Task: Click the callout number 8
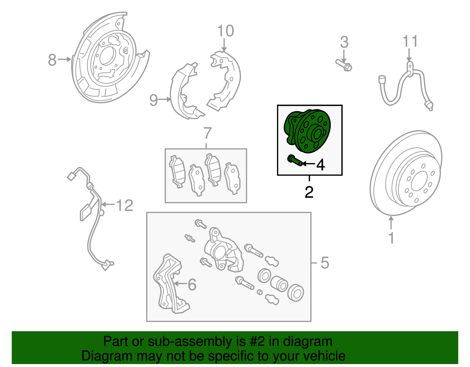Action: [52, 60]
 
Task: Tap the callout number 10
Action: [225, 31]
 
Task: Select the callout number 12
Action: [125, 205]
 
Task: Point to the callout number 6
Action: [192, 285]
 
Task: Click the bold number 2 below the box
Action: [309, 192]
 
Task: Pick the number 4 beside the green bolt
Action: [320, 165]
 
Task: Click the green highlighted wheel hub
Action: [307, 132]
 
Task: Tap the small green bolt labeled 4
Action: [295, 161]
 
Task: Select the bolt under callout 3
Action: [344, 66]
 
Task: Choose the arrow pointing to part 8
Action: [64, 59]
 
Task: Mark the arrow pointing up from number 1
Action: [391, 223]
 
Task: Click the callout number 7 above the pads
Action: [207, 133]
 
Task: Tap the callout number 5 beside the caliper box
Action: [325, 263]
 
